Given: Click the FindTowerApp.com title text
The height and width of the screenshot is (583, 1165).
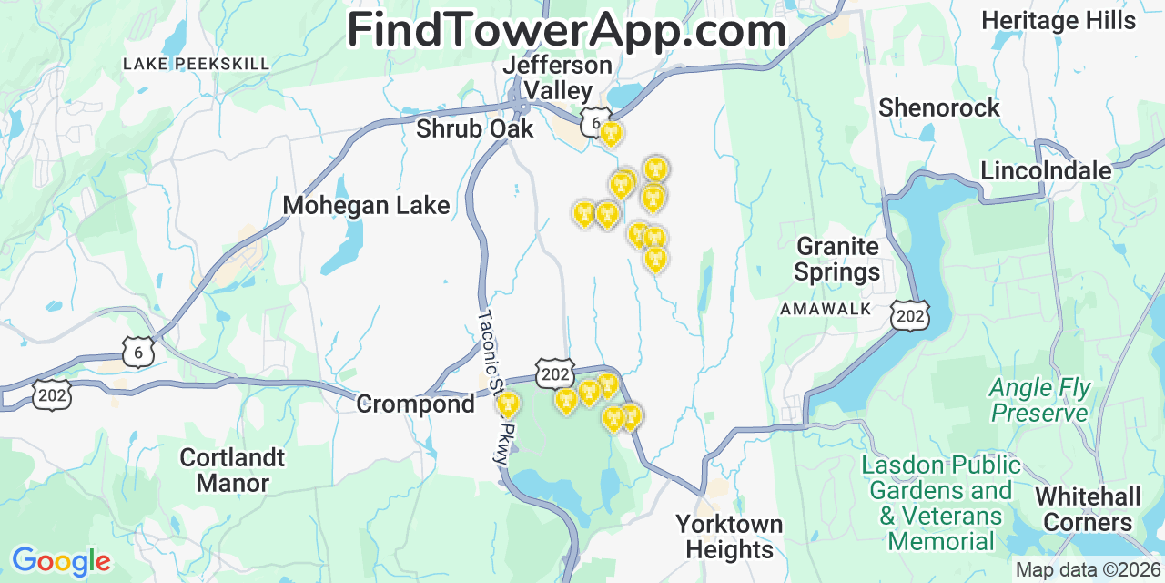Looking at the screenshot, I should tap(566, 30).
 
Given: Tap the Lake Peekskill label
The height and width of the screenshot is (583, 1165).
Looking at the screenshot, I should tap(197, 64).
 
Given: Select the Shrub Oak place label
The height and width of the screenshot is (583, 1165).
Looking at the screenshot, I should tap(474, 129).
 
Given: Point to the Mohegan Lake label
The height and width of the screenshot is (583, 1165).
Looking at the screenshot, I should tap(366, 206).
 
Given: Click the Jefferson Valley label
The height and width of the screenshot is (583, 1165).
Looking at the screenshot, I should tap(557, 78).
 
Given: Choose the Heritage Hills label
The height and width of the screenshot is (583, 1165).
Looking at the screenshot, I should tap(1059, 20).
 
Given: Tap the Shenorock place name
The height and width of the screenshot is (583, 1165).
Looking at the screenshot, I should tap(938, 108).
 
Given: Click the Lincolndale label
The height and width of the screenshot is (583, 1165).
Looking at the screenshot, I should tap(1046, 170).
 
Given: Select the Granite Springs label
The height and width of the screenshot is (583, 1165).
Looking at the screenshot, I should tap(837, 259).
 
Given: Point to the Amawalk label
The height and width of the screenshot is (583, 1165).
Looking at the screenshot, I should tap(826, 310).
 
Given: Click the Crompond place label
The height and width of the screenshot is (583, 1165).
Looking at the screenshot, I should tap(415, 404).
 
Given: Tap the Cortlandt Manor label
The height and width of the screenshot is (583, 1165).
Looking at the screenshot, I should tap(232, 470).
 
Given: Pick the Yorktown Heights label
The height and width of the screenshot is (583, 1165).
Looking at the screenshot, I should tap(729, 537).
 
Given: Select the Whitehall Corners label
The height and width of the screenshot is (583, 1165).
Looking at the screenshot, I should tap(1088, 509).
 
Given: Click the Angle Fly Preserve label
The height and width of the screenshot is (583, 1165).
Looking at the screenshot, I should tap(1039, 401).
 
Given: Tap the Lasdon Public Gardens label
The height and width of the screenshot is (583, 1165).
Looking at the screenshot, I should tap(941, 503).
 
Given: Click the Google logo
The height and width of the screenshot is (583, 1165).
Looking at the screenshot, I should tap(60, 561).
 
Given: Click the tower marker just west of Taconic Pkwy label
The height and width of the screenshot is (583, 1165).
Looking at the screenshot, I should tap(508, 403).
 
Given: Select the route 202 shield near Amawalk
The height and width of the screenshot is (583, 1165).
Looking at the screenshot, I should tap(910, 315).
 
